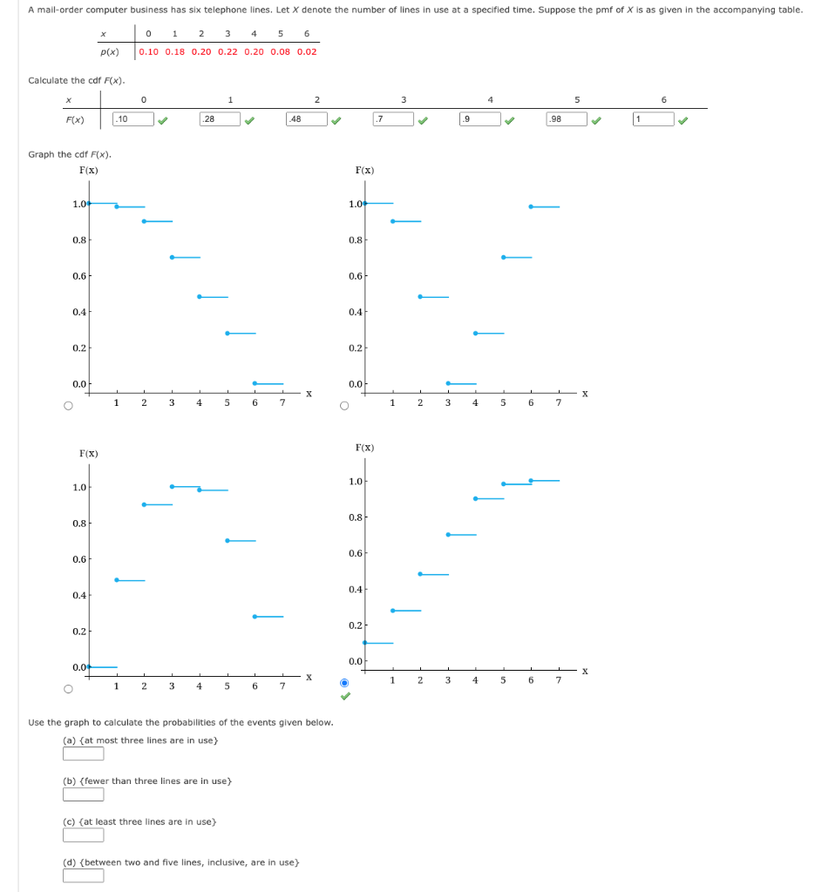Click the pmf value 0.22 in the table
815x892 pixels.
click(x=227, y=51)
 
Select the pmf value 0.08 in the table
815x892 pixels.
click(x=280, y=51)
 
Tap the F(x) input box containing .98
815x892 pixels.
click(x=566, y=119)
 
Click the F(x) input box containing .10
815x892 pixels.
click(x=133, y=119)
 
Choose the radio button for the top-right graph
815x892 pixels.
click(x=344, y=405)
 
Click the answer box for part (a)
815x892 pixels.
click(x=83, y=753)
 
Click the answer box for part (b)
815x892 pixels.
click(x=83, y=794)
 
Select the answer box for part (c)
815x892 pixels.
click(x=83, y=835)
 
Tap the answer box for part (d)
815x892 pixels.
click(x=83, y=875)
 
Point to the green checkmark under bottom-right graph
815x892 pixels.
click(x=345, y=696)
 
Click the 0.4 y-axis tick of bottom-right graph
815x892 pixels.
click(x=356, y=590)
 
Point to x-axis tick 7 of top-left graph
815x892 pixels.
click(x=282, y=402)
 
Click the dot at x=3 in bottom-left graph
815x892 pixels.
click(x=172, y=486)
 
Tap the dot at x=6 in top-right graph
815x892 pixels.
click(x=531, y=206)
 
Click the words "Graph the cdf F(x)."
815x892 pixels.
click(x=70, y=154)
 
